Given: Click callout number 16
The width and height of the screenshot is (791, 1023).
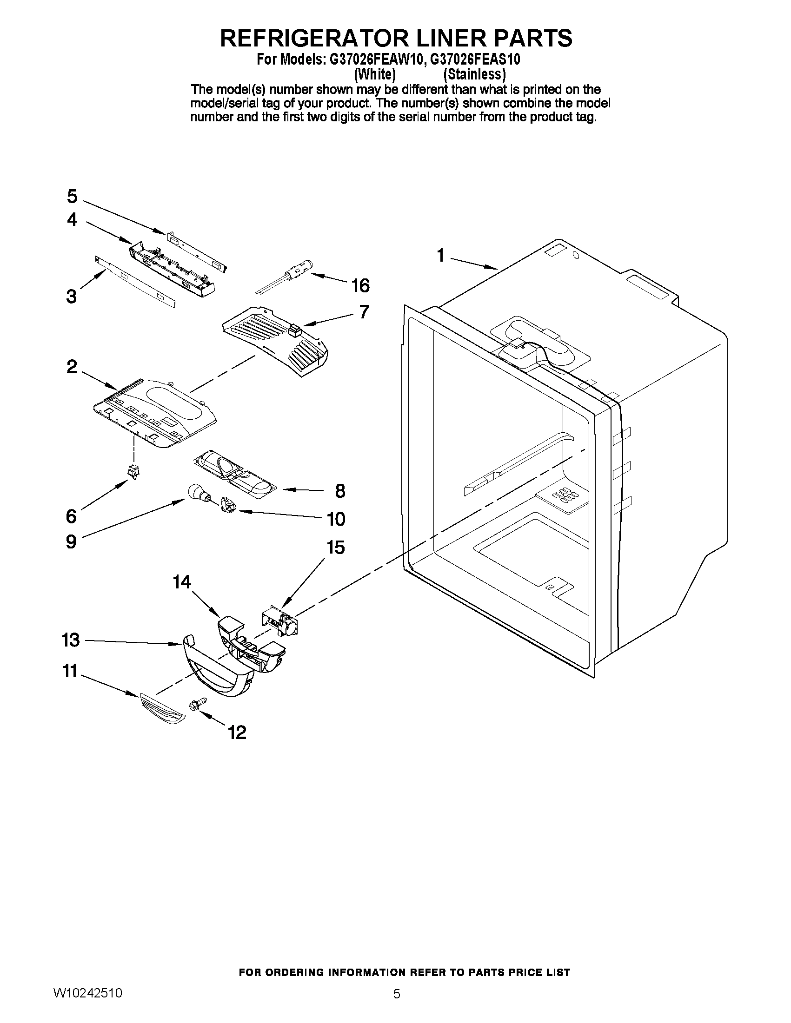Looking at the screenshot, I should pyautogui.click(x=360, y=285).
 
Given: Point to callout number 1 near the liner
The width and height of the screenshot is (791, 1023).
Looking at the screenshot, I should pyautogui.click(x=440, y=256).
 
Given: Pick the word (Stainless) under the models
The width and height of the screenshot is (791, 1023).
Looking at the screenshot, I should pyautogui.click(x=475, y=74).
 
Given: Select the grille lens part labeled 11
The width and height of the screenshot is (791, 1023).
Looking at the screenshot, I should pyautogui.click(x=162, y=709).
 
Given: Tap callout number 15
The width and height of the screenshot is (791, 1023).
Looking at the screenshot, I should pyautogui.click(x=336, y=547).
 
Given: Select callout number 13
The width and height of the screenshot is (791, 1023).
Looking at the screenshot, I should pyautogui.click(x=71, y=640).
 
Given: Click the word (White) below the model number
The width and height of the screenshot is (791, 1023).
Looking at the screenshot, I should pyautogui.click(x=375, y=74).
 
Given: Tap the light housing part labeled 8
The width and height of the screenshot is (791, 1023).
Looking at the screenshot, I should pyautogui.click(x=234, y=475).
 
